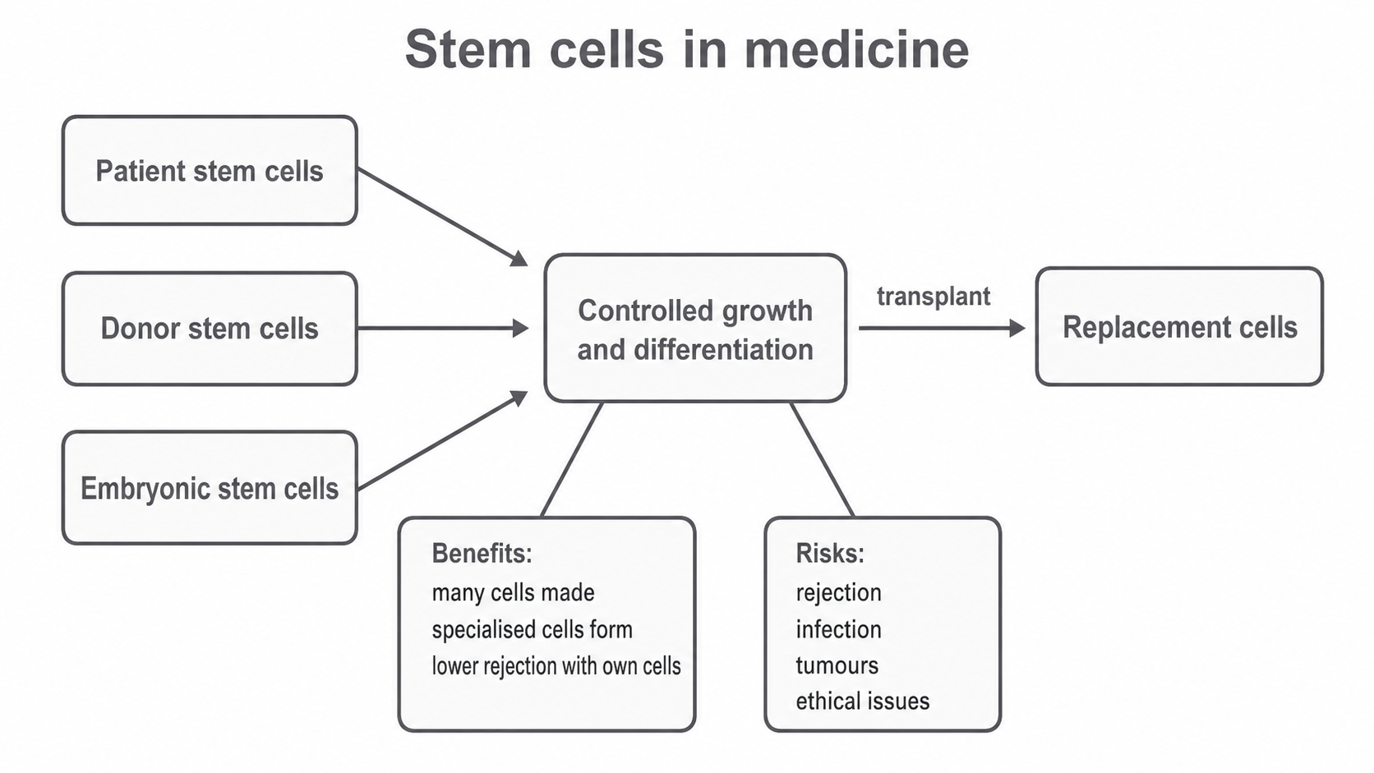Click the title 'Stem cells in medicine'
coord(687,49)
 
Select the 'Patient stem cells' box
coord(210,170)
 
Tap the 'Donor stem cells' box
coord(210,329)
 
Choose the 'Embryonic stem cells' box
coord(210,488)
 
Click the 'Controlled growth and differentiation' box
coord(695,329)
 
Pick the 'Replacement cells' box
coord(1179,327)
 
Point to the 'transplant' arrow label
coord(933,296)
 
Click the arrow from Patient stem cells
coord(443,217)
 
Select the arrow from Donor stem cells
coord(443,329)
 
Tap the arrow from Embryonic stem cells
coord(443,440)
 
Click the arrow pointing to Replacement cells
coord(943,329)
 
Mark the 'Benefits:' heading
coord(482,554)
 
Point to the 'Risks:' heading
coord(830,554)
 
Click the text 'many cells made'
coord(514,593)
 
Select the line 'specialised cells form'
coord(532,629)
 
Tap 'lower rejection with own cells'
coord(556,665)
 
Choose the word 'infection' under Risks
coord(838,629)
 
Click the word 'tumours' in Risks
coord(837,665)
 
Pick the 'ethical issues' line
coord(862,702)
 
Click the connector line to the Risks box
coord(822,460)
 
